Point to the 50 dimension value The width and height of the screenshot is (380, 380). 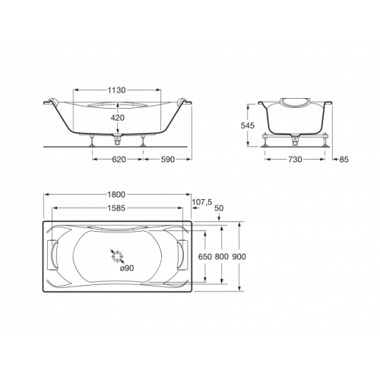(220, 207)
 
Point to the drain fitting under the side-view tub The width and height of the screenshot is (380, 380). (116, 138)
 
